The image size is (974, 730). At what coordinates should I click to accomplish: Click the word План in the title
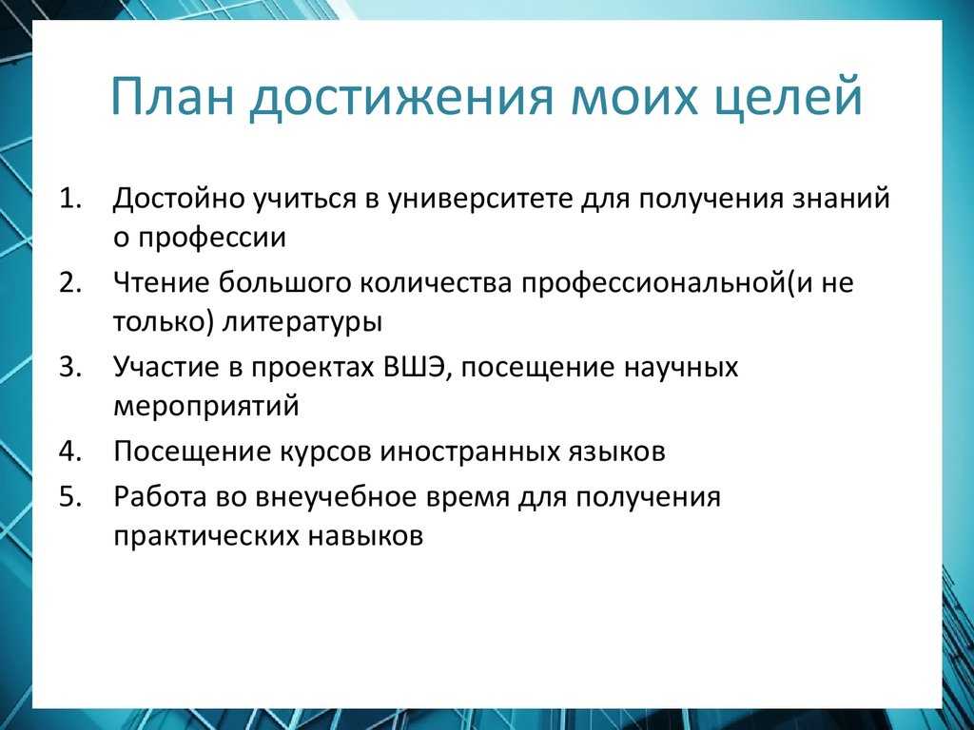click(x=173, y=97)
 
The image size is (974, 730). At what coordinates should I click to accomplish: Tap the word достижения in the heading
click(x=400, y=99)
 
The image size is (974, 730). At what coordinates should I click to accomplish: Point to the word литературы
click(x=302, y=323)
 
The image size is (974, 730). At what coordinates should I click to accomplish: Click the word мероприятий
click(x=206, y=408)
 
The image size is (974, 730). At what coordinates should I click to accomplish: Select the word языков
click(x=616, y=451)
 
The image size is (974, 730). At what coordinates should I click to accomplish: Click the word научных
click(x=680, y=368)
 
